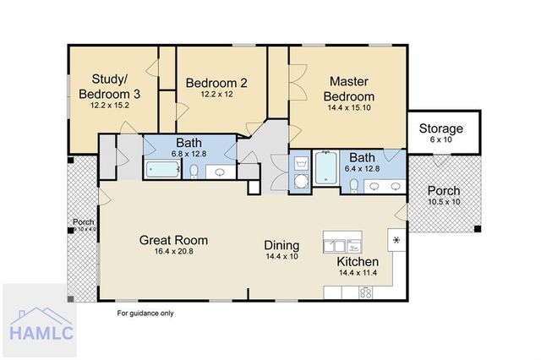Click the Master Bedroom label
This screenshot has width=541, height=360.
coord(352,89)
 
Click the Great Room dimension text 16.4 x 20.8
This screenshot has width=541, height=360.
coord(173,253)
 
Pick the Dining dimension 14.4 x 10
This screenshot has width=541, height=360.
coord(281,255)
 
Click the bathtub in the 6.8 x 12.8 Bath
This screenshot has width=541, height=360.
coord(164,170)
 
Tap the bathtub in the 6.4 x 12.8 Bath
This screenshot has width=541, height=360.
coord(325,167)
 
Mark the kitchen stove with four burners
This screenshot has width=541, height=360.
coord(366,293)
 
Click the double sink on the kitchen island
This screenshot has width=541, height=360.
coord(342,246)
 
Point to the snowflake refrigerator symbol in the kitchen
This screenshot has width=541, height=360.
coord(394,240)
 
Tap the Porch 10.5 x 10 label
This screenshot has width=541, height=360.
coord(443,195)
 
